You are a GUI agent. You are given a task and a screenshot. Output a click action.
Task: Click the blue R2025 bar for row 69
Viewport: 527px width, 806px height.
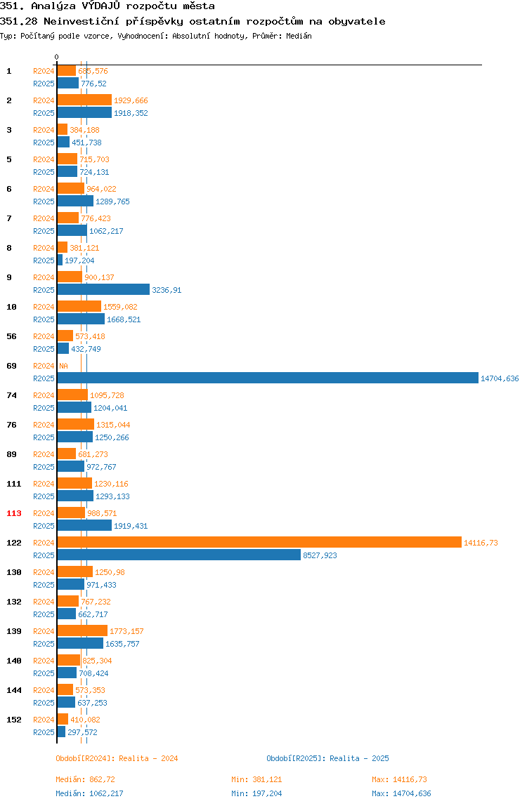(x=268, y=378)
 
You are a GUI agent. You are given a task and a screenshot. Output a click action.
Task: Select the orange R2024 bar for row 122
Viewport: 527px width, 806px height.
(x=259, y=542)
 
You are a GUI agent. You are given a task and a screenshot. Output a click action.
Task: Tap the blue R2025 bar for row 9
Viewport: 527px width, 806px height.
(x=103, y=290)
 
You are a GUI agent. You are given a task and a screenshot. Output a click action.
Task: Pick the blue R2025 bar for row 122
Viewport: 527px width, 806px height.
(x=179, y=555)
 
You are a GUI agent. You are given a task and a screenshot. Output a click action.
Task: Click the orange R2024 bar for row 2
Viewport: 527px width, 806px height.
(x=84, y=100)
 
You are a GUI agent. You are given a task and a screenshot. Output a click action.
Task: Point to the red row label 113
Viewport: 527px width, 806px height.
(x=14, y=513)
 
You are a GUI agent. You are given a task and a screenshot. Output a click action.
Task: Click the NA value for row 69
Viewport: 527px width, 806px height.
(x=63, y=366)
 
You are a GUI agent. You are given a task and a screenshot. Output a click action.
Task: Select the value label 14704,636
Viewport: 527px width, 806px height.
(x=500, y=379)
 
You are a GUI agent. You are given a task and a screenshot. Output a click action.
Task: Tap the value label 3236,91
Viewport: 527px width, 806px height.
(x=167, y=291)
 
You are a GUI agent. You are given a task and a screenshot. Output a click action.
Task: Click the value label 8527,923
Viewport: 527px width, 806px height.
(x=320, y=555)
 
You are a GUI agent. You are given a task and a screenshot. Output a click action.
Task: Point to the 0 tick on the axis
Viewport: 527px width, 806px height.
(x=57, y=57)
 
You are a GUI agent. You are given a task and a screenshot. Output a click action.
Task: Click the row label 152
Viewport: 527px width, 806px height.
(x=14, y=720)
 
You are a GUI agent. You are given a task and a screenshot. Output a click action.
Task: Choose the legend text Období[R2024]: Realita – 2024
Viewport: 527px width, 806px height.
(x=117, y=758)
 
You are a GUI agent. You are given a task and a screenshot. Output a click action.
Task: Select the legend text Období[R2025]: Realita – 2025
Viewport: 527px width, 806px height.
(x=328, y=758)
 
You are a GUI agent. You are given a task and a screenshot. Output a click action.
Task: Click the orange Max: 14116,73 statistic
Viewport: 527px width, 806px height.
(x=399, y=779)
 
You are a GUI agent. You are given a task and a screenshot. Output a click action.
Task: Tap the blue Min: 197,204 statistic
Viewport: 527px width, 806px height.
(x=256, y=793)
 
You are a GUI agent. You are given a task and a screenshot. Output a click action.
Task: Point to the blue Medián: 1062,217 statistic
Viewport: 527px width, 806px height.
(x=89, y=793)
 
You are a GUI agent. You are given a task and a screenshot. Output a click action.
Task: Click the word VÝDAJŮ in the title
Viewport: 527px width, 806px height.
(x=101, y=6)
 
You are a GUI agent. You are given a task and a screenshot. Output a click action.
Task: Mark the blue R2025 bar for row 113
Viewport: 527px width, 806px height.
(x=84, y=525)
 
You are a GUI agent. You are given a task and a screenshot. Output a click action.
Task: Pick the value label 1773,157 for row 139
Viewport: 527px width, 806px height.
(x=126, y=631)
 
